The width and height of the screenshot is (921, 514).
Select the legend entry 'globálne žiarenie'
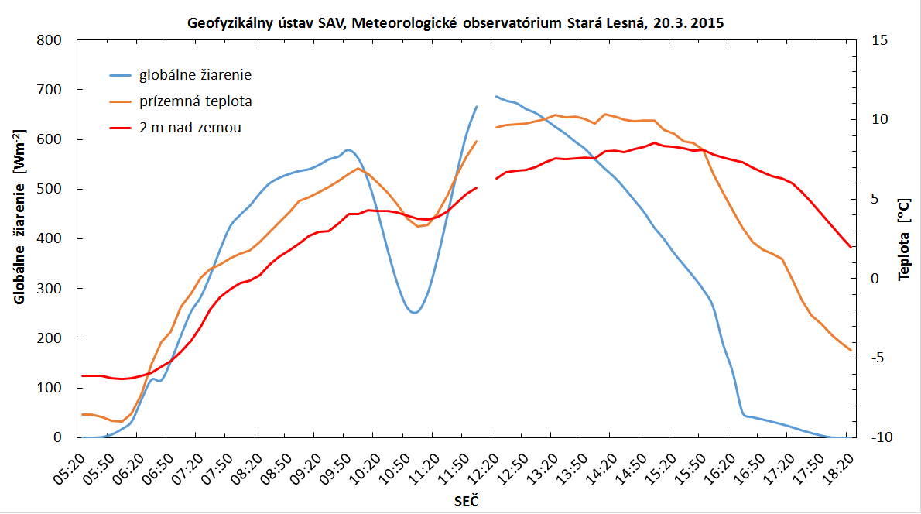tap(195, 75)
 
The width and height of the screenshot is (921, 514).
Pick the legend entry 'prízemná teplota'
tap(195, 101)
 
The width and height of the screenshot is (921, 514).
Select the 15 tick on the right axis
tap(882, 40)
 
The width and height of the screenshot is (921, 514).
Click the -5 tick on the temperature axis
tap(880, 358)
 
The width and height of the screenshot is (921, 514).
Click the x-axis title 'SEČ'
tap(466, 502)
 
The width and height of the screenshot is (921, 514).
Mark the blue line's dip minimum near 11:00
tap(415, 313)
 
